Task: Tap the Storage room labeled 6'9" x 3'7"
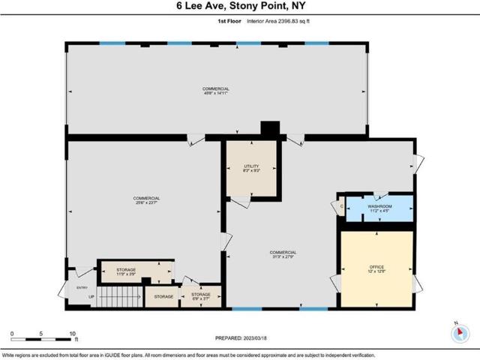tap(201, 296)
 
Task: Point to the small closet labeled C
tap(340, 206)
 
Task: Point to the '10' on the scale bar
tap(73, 333)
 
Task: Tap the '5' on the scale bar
tap(42, 333)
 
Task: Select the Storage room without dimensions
tap(163, 296)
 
